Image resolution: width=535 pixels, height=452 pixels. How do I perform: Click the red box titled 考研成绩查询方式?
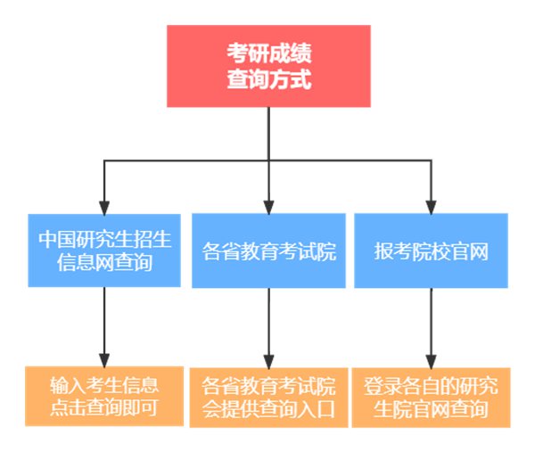pyautogui.click(x=268, y=66)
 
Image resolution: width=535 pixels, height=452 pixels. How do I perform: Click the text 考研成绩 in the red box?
pyautogui.click(x=268, y=53)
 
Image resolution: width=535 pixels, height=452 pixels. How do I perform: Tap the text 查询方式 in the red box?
pyautogui.click(x=268, y=79)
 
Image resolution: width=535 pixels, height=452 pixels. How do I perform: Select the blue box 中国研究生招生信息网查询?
pyautogui.click(x=105, y=251)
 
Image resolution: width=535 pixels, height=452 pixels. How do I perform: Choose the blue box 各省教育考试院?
pyautogui.click(x=268, y=251)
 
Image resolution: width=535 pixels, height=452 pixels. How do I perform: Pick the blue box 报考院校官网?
pyautogui.click(x=432, y=251)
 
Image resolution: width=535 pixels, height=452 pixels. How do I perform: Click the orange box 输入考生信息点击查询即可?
pyautogui.click(x=105, y=397)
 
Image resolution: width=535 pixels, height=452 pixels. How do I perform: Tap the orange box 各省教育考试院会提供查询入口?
pyautogui.click(x=268, y=397)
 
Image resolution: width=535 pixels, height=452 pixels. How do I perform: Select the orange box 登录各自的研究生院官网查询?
pyautogui.click(x=432, y=397)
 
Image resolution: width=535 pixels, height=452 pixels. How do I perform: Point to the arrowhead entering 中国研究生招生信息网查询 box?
pyautogui.click(x=105, y=206)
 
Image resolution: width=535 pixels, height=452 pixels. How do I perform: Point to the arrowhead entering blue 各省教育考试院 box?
pyautogui.click(x=268, y=206)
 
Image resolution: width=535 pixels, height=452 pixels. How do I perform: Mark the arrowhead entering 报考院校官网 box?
pyautogui.click(x=432, y=206)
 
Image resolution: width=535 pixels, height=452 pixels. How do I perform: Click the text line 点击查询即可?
pyautogui.click(x=105, y=409)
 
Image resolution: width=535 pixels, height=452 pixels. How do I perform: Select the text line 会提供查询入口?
pyautogui.click(x=268, y=410)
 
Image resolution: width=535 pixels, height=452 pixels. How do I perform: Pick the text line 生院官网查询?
pyautogui.click(x=432, y=410)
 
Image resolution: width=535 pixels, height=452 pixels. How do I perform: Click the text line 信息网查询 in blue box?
pyautogui.click(x=105, y=263)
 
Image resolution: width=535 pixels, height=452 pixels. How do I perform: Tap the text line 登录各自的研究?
pyautogui.click(x=432, y=386)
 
